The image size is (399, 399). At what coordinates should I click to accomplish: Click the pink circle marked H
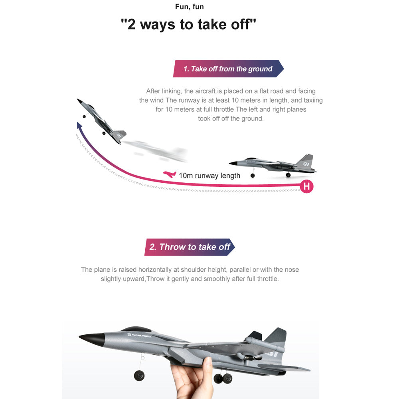pyautogui.click(x=306, y=186)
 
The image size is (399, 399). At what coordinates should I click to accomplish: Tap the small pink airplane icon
pyautogui.click(x=170, y=174)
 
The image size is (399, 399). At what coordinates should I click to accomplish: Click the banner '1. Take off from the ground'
pyautogui.click(x=228, y=69)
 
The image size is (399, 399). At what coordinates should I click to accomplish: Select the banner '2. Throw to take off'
pyautogui.click(x=190, y=247)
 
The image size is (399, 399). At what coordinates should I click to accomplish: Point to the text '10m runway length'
pyautogui.click(x=209, y=176)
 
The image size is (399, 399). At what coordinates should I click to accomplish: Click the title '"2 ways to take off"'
pyautogui.click(x=188, y=25)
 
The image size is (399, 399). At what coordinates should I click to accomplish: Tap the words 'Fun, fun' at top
pyautogui.click(x=190, y=7)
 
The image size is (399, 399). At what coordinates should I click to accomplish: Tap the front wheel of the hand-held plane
pyautogui.click(x=139, y=375)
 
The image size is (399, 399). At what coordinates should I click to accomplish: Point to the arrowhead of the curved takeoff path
pyautogui.click(x=79, y=126)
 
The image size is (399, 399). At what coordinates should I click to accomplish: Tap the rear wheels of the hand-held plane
pyautogui.click(x=223, y=378)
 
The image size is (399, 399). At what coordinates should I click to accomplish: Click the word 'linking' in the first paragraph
pyautogui.click(x=171, y=91)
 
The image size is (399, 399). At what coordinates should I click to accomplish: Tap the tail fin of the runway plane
pyautogui.click(x=306, y=161)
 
